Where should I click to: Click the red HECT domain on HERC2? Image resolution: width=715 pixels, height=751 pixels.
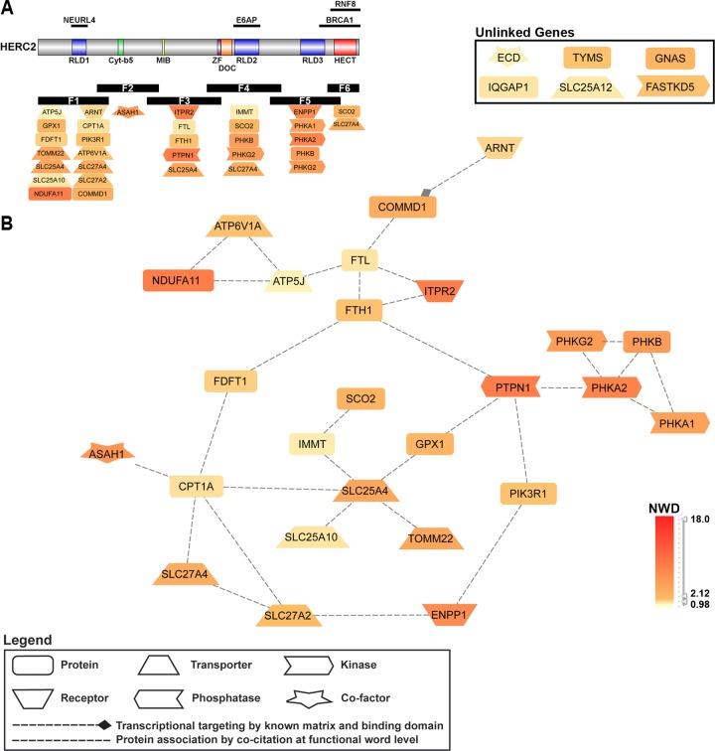pyautogui.click(x=346, y=47)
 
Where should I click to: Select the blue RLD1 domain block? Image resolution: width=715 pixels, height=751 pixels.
pyautogui.click(x=78, y=47)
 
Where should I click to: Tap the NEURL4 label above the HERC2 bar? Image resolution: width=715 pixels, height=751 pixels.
pyautogui.click(x=79, y=19)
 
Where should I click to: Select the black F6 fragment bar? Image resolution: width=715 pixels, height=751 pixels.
pyautogui.click(x=345, y=88)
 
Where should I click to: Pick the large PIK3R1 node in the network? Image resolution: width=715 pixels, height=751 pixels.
pyautogui.click(x=527, y=494)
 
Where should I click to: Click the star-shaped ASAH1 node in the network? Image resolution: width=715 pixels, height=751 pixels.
pyautogui.click(x=106, y=454)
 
